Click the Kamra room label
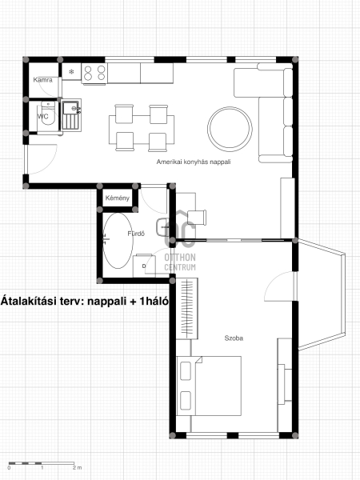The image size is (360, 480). [42, 80]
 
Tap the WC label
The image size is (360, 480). [43, 117]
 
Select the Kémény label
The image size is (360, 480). [118, 198]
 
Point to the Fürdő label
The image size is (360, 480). [136, 234]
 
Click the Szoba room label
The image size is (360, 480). [234, 338]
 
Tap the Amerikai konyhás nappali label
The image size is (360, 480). [194, 162]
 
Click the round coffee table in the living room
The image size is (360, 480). [230, 129]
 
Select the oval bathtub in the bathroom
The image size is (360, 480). [118, 241]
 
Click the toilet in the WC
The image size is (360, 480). [48, 114]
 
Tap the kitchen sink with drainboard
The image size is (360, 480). [71, 115]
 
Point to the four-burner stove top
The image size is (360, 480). [94, 73]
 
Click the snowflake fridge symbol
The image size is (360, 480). [71, 72]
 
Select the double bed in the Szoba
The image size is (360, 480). [209, 386]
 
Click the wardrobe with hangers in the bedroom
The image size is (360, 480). [187, 308]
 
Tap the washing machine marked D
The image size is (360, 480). [144, 266]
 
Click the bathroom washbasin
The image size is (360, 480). [162, 227]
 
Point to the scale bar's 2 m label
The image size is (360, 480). [77, 468]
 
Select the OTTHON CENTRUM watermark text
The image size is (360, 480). [180, 262]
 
